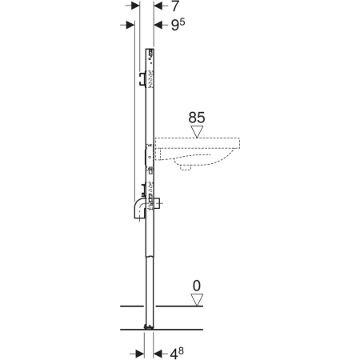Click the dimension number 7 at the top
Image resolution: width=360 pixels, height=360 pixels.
point(175,6)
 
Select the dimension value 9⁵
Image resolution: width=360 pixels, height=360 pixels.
point(178,25)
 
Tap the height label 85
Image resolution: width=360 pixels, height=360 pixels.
point(197,118)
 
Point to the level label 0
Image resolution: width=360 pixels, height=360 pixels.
point(197,286)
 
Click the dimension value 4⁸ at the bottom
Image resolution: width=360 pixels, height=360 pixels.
point(177,354)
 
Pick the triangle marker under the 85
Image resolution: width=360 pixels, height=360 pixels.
point(197,132)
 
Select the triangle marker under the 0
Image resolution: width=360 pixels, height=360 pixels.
point(197,300)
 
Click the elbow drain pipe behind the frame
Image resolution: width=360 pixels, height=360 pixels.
point(139,210)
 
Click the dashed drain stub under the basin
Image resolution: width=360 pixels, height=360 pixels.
point(186,167)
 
